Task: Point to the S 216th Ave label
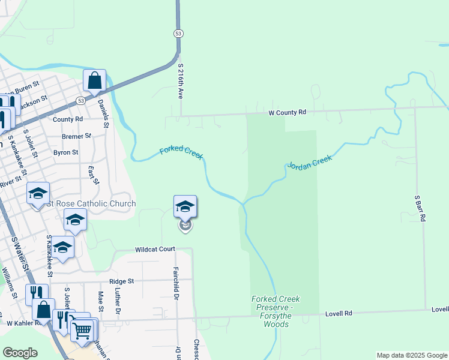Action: coord(179,82)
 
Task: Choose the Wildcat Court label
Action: coord(155,249)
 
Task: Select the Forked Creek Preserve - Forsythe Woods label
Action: coord(276,311)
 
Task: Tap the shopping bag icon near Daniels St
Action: coord(94,80)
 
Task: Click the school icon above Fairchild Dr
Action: coord(185,207)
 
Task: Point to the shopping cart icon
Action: coord(82,329)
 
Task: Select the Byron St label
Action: coord(66,152)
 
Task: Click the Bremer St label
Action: coord(76,136)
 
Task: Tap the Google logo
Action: coord(20,353)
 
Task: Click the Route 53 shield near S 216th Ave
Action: coord(178,34)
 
